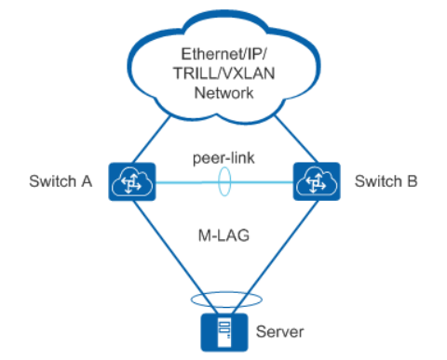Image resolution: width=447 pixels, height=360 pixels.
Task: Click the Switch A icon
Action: (132, 181)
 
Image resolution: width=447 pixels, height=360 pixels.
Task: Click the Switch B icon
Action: (317, 181)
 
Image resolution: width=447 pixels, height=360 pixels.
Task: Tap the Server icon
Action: (224, 332)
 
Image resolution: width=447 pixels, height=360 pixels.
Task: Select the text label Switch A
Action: (61, 181)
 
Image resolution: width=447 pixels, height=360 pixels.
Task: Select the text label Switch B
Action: (386, 181)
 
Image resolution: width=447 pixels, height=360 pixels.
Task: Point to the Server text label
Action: (279, 332)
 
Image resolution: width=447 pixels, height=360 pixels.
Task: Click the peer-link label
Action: (223, 158)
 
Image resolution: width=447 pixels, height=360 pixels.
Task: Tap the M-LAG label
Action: (223, 235)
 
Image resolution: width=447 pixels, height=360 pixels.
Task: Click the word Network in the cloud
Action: (223, 93)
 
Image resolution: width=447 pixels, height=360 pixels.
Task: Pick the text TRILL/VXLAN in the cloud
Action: (224, 73)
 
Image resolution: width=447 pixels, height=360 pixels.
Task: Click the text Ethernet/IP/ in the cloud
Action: (223, 54)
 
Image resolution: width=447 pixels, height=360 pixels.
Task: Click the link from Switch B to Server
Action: (275, 257)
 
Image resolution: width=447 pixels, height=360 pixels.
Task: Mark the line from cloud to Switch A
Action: (152, 140)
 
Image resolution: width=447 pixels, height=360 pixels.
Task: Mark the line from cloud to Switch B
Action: (296, 140)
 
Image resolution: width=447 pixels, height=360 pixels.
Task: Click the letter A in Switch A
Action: (88, 181)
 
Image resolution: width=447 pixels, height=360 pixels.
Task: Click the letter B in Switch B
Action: (413, 181)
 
